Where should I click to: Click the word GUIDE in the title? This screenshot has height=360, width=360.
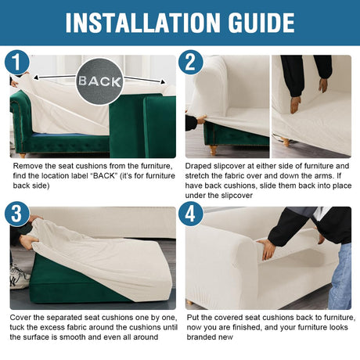(x=261, y=23)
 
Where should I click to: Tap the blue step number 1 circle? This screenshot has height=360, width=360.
(x=17, y=63)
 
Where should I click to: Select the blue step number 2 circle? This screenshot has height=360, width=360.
(x=191, y=63)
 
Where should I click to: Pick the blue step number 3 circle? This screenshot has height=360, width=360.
(x=17, y=214)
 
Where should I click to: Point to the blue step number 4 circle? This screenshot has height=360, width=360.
(x=191, y=214)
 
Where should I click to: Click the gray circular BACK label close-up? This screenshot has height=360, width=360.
(x=99, y=81)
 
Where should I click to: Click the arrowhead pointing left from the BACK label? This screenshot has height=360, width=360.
(x=37, y=77)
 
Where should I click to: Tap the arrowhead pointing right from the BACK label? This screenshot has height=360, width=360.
(x=163, y=82)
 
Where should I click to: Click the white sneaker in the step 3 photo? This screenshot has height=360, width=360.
(x=20, y=277)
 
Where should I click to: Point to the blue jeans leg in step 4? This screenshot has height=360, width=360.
(x=340, y=277)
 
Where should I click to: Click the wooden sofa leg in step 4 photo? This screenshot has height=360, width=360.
(x=189, y=303)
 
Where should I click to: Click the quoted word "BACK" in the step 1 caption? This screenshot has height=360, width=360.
(x=104, y=176)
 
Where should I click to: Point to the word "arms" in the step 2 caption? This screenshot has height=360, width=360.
(x=323, y=176)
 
